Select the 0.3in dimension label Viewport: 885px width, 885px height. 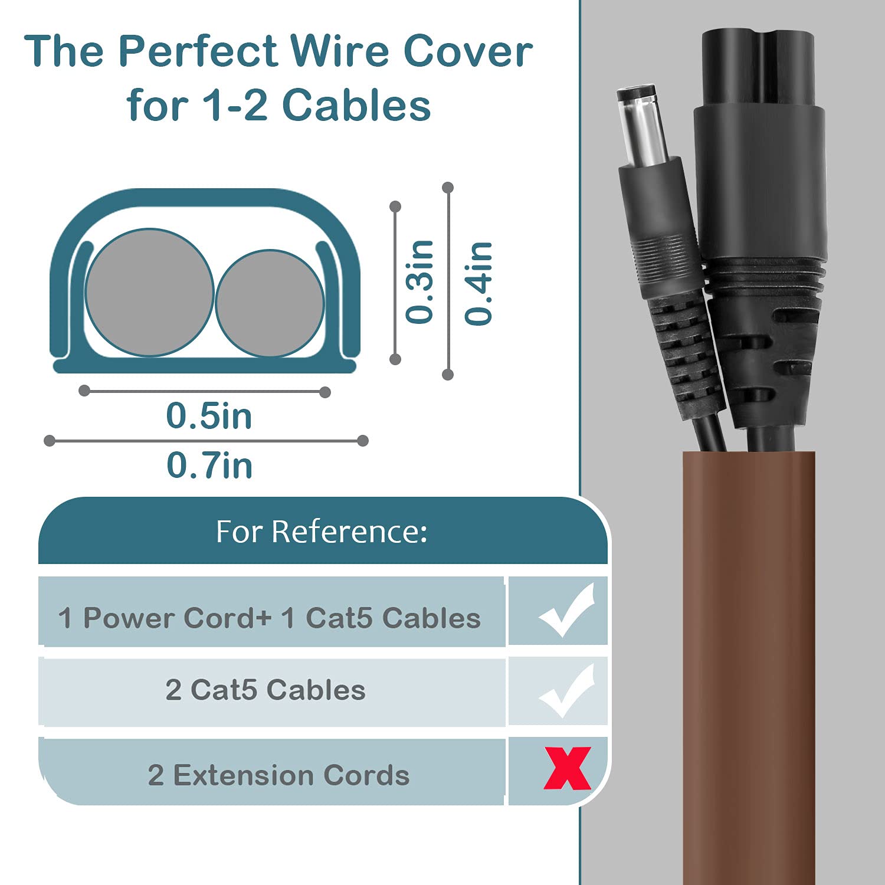pyautogui.click(x=420, y=282)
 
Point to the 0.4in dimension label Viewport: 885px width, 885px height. pyautogui.click(x=478, y=283)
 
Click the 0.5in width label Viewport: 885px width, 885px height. pyautogui.click(x=209, y=416)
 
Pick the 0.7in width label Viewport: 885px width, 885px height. pyautogui.click(x=209, y=466)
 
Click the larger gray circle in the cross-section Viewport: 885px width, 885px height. pyautogui.click(x=149, y=293)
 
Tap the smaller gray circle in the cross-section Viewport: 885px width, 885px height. pyautogui.click(x=270, y=303)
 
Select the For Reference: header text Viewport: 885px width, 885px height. pyautogui.click(x=322, y=532)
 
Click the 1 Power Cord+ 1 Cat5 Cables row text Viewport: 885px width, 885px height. pyautogui.click(x=269, y=618)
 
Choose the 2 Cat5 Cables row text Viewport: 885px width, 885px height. pyautogui.click(x=265, y=690)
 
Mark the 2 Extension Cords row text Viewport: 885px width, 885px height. pyautogui.click(x=278, y=775)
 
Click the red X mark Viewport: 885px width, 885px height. pyautogui.click(x=567, y=768)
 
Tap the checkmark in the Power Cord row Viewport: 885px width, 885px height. pyautogui.click(x=566, y=611)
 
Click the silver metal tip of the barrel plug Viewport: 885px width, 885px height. pyautogui.click(x=643, y=124)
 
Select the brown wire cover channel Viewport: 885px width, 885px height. pyautogui.click(x=749, y=667)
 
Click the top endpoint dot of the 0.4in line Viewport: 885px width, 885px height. pyautogui.click(x=448, y=188)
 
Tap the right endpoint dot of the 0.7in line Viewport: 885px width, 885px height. pyautogui.click(x=363, y=441)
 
